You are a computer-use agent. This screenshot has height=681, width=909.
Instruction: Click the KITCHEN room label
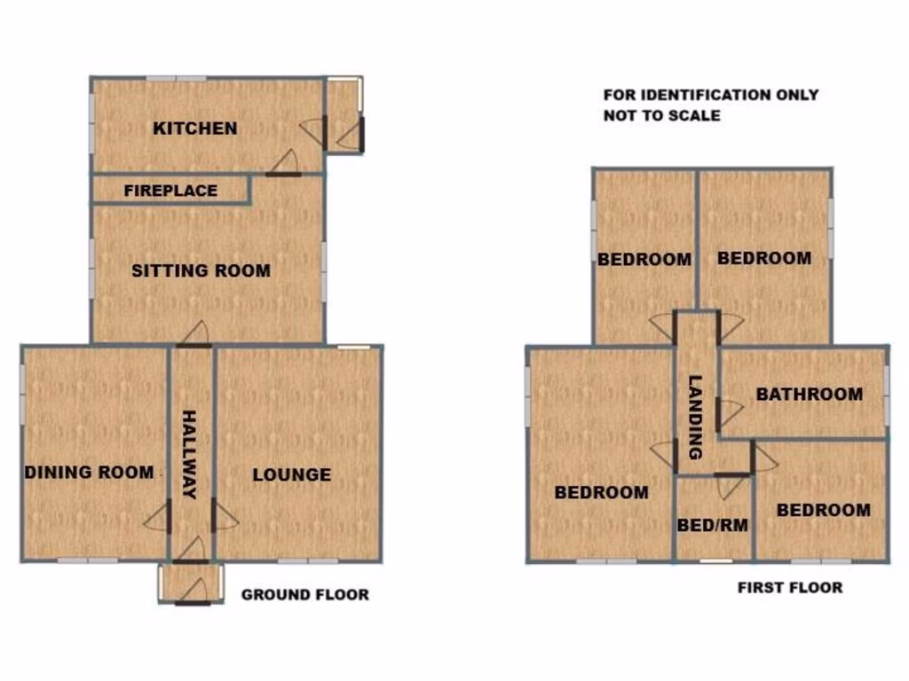tap(195, 129)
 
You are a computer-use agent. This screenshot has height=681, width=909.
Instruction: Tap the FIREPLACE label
tap(170, 191)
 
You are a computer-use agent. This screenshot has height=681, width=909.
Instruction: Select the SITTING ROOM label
tap(201, 270)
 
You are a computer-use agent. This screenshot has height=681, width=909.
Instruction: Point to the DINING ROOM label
tap(89, 473)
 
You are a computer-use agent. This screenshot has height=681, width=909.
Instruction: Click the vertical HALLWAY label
tap(189, 455)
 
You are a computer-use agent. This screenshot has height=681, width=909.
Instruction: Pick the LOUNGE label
tap(291, 475)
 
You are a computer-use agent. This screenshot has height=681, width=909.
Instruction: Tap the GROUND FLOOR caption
tap(304, 595)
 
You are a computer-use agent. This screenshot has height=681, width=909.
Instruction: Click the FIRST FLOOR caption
tap(789, 587)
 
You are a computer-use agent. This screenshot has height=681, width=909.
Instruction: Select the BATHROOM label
tap(809, 395)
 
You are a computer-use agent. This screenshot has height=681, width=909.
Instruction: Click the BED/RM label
tap(712, 525)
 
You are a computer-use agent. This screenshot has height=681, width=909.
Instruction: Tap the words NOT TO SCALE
tap(661, 115)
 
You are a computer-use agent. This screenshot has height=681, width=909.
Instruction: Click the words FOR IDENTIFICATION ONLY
tap(710, 95)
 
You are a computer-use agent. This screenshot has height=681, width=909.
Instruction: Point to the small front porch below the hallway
tap(191, 583)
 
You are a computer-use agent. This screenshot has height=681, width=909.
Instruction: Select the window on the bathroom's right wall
tap(886, 391)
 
